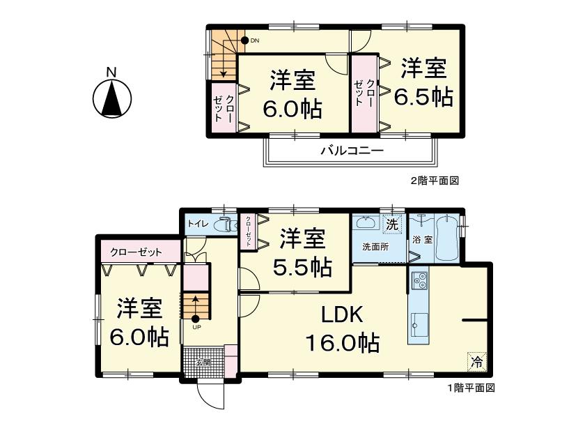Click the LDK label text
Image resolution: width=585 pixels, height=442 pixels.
click(x=342, y=315)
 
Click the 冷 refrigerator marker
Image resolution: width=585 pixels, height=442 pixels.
click(x=477, y=362)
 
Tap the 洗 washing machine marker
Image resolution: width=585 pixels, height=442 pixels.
click(x=392, y=225)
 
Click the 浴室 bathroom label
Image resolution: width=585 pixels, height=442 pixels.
click(x=422, y=239)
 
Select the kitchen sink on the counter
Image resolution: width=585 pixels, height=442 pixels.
click(x=420, y=323)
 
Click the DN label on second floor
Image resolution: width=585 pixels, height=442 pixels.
click(x=255, y=40)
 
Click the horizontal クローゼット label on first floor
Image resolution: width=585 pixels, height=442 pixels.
click(x=136, y=252)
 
